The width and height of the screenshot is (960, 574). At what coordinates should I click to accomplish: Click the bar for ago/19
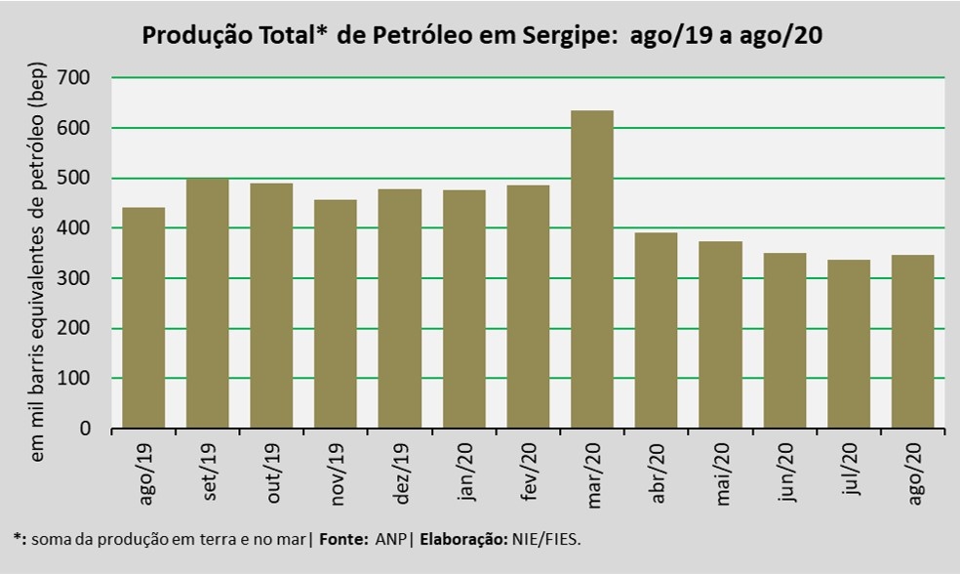(x=142, y=317)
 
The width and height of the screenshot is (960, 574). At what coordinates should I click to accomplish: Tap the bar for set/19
(x=207, y=303)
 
